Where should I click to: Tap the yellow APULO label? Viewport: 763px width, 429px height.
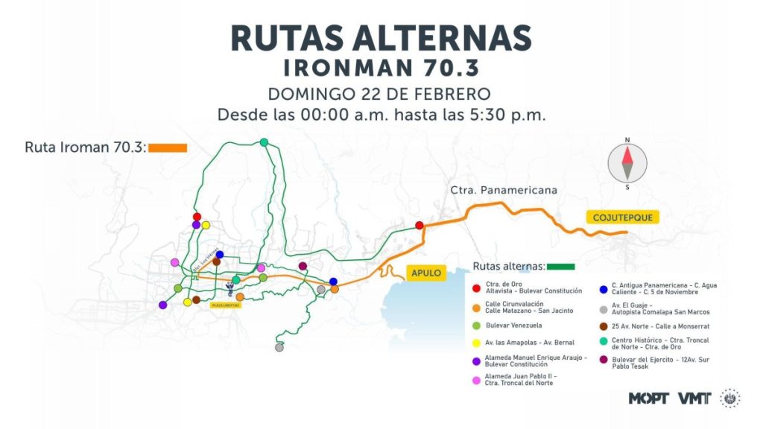[x=426, y=273]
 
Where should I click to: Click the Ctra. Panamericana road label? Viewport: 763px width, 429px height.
[x=504, y=190]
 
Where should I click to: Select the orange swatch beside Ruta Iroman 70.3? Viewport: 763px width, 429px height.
[x=168, y=147]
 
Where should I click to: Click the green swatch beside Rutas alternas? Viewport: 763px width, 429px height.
[x=561, y=266]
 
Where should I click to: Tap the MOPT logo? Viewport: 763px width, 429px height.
[x=649, y=398]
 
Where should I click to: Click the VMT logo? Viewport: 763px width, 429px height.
[x=694, y=398]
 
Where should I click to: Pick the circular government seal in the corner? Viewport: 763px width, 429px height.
[x=730, y=398]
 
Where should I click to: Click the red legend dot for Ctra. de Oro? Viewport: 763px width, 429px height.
[x=476, y=286]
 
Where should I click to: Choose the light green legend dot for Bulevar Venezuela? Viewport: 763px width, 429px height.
[x=476, y=325]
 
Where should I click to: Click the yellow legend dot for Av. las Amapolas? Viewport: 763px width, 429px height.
[x=476, y=343]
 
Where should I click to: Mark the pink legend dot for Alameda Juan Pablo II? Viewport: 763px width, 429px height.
[x=476, y=380]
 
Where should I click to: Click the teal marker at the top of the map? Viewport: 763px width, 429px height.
[x=264, y=142]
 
